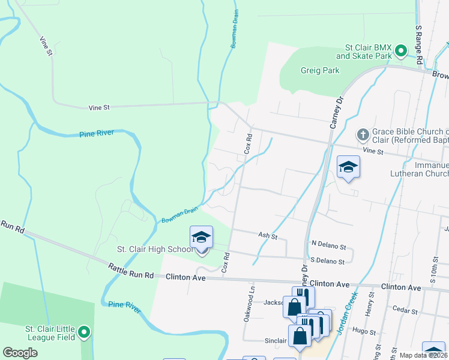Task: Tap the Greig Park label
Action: click(320, 70)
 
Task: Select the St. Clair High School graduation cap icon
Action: click(202, 237)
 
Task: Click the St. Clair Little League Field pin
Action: click(85, 332)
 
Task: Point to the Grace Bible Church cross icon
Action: click(363, 133)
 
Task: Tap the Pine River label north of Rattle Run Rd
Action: click(97, 134)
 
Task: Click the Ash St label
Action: click(267, 236)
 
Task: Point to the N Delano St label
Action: click(328, 247)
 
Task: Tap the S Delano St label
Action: click(327, 262)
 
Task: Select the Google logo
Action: click(20, 353)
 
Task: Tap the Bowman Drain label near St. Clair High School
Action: click(179, 215)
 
